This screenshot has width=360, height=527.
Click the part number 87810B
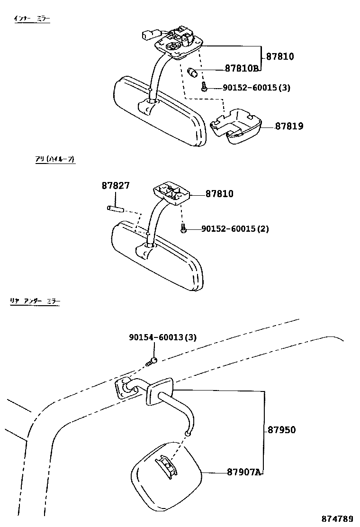(242, 68)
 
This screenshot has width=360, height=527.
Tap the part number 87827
(115, 186)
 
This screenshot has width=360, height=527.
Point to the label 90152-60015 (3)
(250, 88)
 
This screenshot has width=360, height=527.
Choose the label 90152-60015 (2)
(235, 229)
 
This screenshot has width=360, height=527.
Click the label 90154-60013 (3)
(162, 337)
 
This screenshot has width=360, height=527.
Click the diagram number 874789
(338, 518)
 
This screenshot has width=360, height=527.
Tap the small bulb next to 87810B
(193, 73)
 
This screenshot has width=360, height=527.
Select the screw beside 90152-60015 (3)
(204, 88)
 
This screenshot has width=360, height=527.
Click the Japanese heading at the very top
(31, 19)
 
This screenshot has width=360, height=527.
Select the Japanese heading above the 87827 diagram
(55, 160)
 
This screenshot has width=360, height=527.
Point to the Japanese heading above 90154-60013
(35, 300)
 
